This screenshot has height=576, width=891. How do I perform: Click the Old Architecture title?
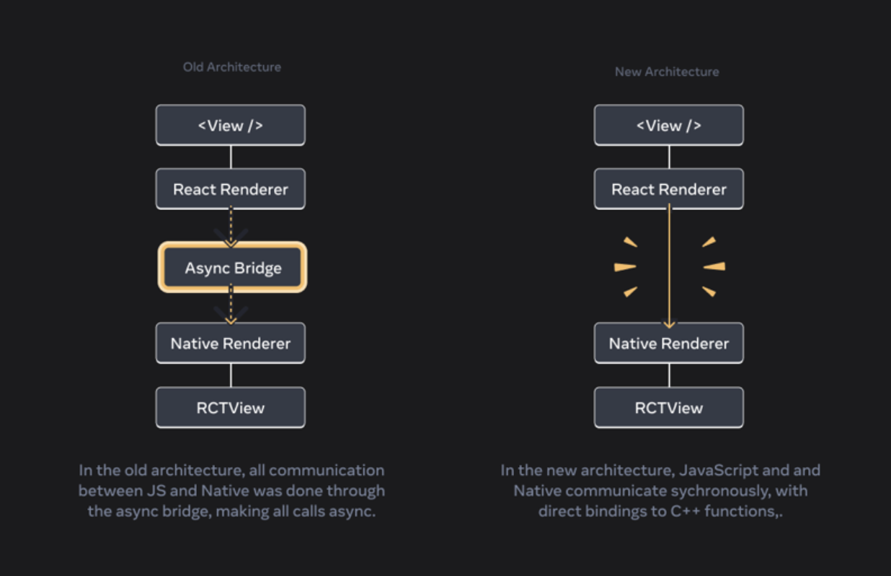(231, 67)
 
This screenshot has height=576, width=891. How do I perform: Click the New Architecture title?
(666, 71)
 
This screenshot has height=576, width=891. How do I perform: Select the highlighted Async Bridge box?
(233, 268)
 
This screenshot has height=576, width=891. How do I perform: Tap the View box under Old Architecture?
(231, 126)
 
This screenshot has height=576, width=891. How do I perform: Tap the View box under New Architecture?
(669, 126)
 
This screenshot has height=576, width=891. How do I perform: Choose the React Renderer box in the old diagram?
(231, 189)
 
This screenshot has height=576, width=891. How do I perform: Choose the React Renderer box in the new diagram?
(669, 189)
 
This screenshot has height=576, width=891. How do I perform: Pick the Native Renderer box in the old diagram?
(231, 344)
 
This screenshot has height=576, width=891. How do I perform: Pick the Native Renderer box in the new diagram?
(669, 344)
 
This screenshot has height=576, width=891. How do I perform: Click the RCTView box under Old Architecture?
(231, 408)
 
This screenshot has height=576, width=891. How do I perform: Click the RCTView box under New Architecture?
(669, 408)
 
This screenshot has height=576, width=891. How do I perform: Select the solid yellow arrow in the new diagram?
(669, 267)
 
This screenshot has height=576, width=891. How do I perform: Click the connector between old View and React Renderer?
(231, 157)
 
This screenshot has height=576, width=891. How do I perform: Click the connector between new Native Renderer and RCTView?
(669, 375)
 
